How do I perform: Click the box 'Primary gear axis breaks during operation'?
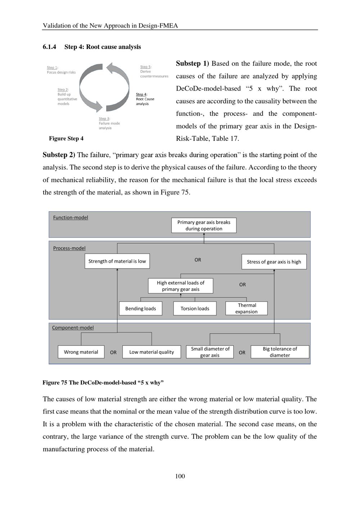[x=204, y=225]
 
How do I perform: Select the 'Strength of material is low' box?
[x=117, y=261]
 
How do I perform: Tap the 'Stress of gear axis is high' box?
[x=274, y=262]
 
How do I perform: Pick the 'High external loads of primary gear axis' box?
[x=180, y=286]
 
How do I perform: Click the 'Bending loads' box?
[x=140, y=308]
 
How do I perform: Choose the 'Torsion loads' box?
[x=195, y=308]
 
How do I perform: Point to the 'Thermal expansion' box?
[x=247, y=308]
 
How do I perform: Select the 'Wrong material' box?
[x=81, y=352]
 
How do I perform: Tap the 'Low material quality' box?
[x=152, y=352]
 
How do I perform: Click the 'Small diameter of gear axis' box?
[x=210, y=352]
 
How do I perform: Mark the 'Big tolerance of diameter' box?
[x=280, y=352]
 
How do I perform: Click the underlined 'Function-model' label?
[x=71, y=217]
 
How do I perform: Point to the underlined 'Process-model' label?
[x=69, y=248]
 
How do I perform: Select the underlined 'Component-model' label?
[x=73, y=328]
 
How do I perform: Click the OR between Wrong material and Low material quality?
[x=113, y=352]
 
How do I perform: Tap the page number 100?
[x=180, y=476]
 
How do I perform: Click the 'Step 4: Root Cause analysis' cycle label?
[x=145, y=99]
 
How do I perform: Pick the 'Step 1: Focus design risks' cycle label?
[x=61, y=70]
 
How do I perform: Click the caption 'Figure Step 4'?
[x=66, y=139]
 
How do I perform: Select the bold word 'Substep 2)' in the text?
[x=59, y=155]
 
